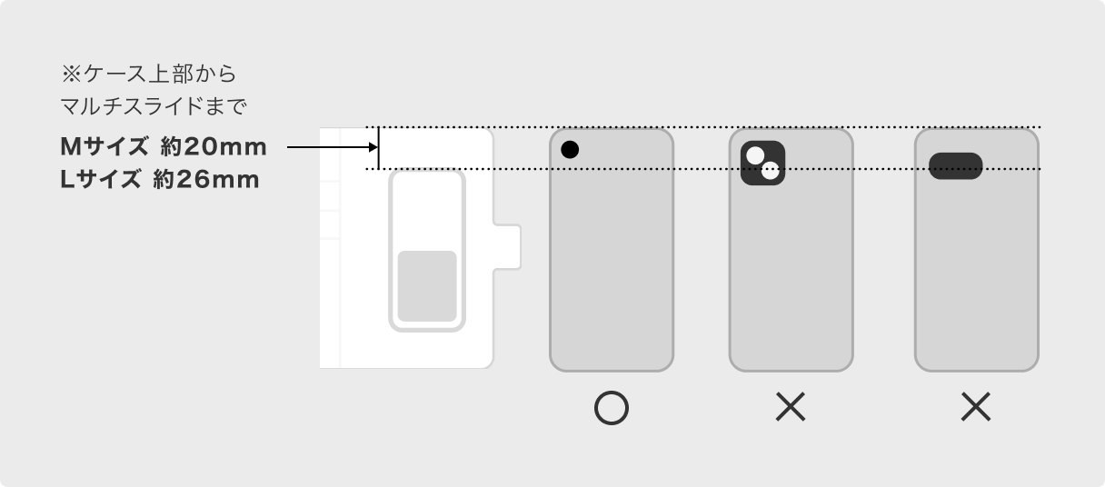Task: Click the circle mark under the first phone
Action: (x=612, y=410)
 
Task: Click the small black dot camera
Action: (x=570, y=150)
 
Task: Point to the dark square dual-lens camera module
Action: (x=762, y=164)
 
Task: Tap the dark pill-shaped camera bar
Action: (x=956, y=166)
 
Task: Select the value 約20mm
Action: (x=214, y=146)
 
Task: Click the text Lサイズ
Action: (x=101, y=180)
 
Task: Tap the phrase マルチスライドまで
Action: (x=153, y=106)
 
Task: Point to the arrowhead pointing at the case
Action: (x=371, y=146)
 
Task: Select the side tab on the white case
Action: (x=508, y=247)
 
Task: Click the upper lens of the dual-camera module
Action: (x=755, y=155)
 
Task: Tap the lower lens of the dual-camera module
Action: (x=771, y=171)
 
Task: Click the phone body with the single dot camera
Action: (x=612, y=263)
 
